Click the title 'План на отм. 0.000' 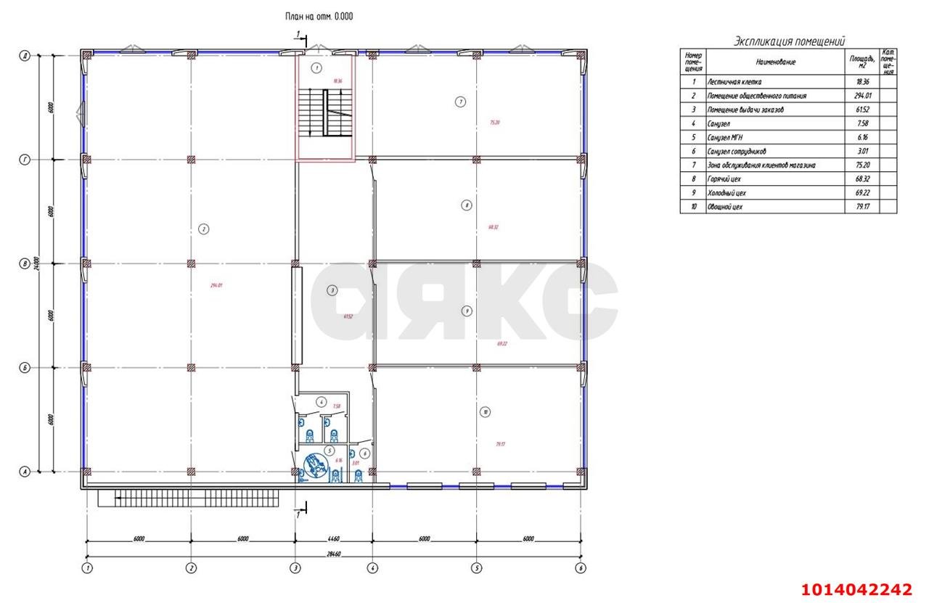click(x=319, y=16)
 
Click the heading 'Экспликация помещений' click(x=789, y=41)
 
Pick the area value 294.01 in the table click(x=861, y=96)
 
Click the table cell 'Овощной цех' click(x=724, y=207)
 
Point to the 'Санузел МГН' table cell click(x=727, y=137)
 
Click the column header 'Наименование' click(x=775, y=62)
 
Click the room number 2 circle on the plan click(x=204, y=229)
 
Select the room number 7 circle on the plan click(x=460, y=102)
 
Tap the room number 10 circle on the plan click(x=485, y=412)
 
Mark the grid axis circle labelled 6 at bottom click(x=581, y=568)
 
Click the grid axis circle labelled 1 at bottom click(x=87, y=568)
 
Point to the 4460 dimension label click(x=333, y=539)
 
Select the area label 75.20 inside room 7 click(x=494, y=123)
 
